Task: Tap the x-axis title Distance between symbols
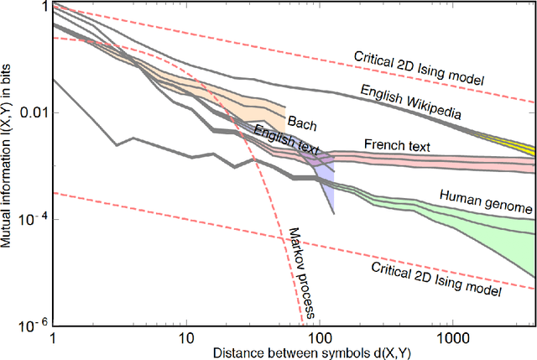click(293, 351)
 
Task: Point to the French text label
click(397, 146)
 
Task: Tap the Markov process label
click(299, 272)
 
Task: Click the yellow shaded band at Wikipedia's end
click(520, 146)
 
